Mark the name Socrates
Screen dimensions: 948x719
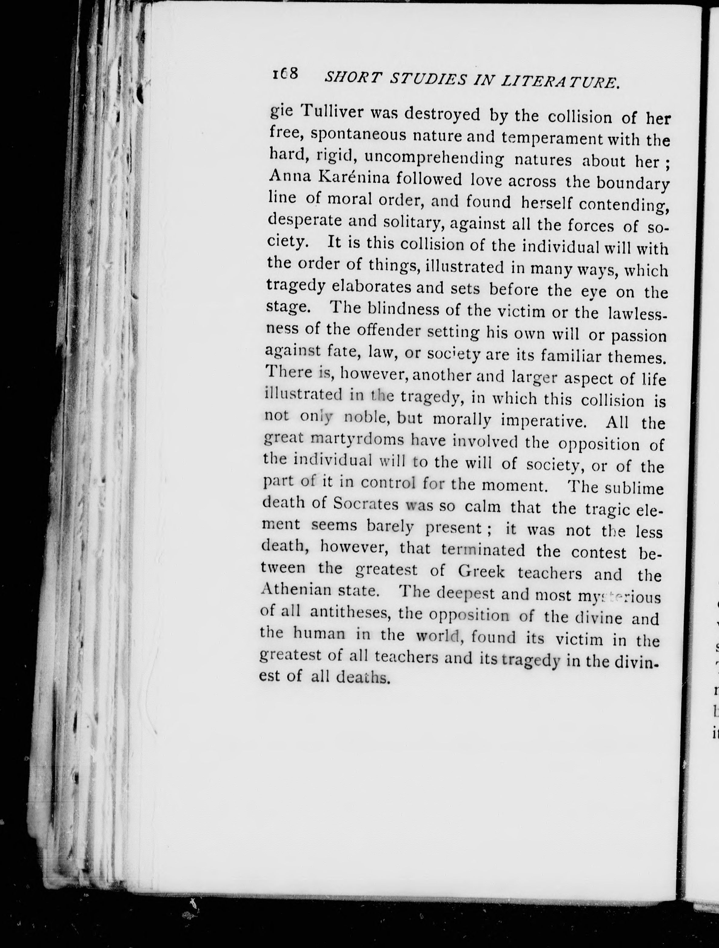pyautogui.click(x=366, y=504)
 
